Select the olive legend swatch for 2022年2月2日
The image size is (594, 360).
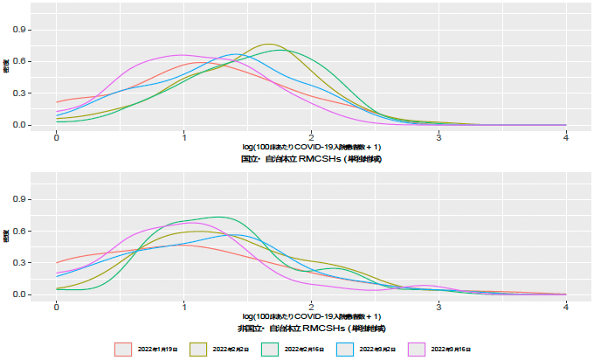coord(199,348)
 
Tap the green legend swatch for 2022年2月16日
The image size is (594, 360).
coord(273,348)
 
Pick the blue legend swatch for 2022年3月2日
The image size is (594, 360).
coord(348,348)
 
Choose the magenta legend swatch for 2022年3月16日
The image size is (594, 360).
coord(422,348)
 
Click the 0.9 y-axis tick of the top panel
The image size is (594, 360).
coord(21,30)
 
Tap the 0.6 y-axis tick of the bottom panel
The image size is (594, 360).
coord(21,231)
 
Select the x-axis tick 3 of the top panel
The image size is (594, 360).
coord(439,137)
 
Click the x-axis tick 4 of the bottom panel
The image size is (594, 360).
coord(566,307)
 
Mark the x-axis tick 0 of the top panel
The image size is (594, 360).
coord(57,137)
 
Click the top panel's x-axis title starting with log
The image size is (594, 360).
coord(311,148)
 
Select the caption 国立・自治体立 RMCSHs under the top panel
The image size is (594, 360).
coord(311,159)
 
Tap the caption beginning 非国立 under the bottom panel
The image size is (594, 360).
coord(311,328)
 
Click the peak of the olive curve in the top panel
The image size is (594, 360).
coord(269,44)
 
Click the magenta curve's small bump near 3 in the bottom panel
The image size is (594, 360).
coord(426,285)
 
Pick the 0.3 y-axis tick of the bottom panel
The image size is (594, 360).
coord(21,262)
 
